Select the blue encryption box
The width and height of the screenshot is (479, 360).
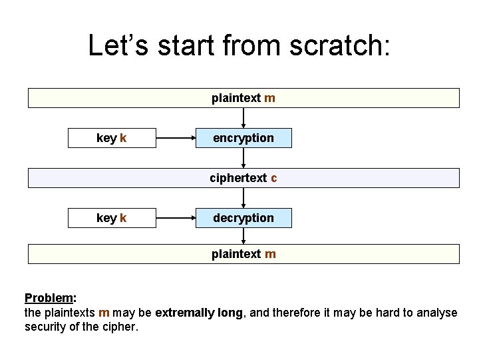243,138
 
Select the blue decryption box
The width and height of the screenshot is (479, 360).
243,218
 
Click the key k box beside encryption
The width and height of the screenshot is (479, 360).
112,138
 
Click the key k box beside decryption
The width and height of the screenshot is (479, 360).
112,218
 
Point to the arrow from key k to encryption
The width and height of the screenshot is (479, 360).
176,138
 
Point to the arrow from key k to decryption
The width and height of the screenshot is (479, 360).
176,218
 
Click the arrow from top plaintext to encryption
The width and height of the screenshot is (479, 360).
243,117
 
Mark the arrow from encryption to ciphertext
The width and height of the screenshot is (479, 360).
243,157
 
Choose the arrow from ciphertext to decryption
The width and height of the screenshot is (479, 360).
243,197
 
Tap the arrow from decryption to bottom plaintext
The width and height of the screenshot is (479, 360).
243,236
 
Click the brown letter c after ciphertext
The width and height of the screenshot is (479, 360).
274,178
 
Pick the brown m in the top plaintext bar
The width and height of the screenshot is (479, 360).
269,98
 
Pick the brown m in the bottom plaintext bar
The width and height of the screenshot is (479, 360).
269,254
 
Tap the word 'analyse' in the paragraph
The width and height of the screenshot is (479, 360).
436,313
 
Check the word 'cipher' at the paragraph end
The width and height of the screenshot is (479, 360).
120,327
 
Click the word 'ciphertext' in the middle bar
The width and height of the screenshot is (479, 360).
238,178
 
